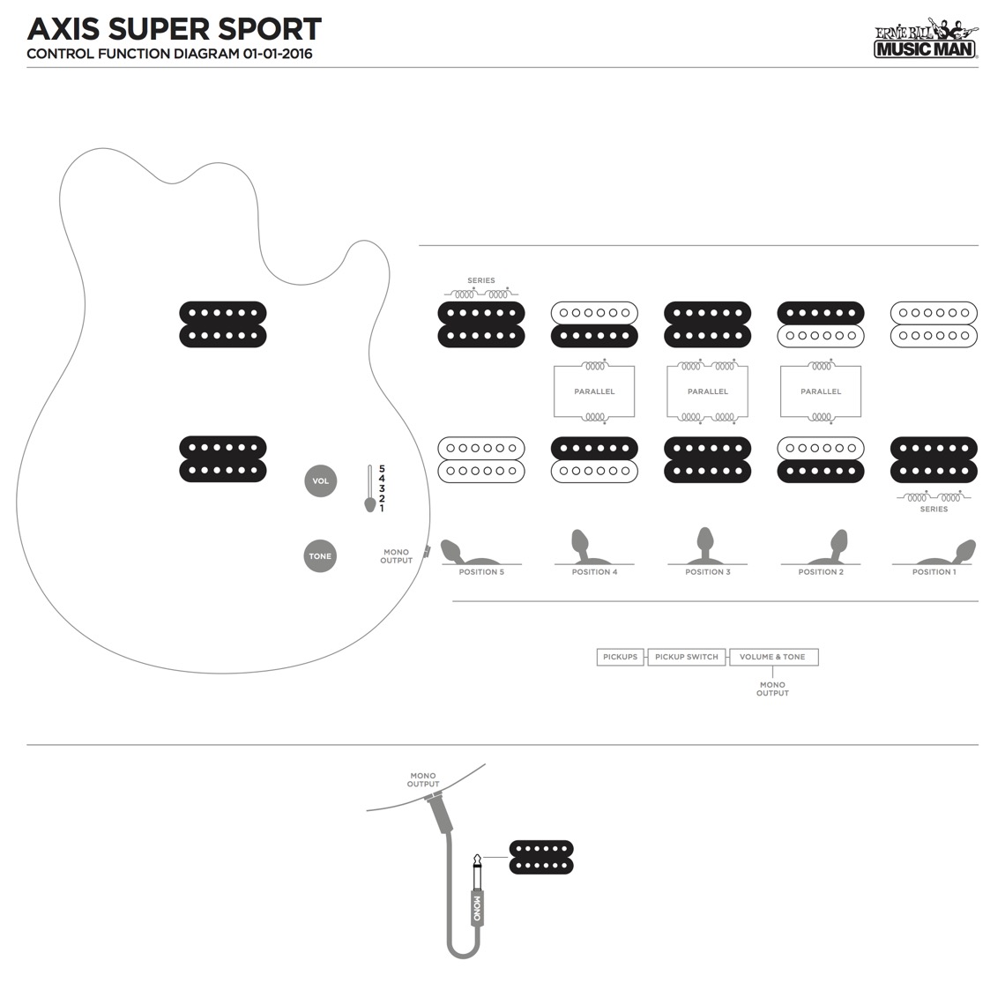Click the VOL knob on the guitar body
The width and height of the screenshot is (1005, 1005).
coord(320,480)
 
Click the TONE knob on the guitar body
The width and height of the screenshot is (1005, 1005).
coord(320,556)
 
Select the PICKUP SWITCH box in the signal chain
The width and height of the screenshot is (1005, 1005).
coord(687,657)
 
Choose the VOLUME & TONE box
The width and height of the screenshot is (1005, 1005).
coord(772,657)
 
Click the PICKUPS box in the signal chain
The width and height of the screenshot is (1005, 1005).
coord(620,657)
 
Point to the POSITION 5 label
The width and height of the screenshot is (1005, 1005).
coord(481,572)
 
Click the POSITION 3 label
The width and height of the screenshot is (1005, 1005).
coord(708,572)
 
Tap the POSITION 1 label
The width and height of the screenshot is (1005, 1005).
coord(934,572)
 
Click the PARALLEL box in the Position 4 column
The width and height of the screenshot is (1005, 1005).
coord(594,391)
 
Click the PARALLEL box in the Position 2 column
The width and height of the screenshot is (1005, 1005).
coord(821,391)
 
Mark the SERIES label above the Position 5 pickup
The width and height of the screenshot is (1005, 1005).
coord(481,280)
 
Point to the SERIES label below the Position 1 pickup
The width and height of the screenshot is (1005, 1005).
coord(934,509)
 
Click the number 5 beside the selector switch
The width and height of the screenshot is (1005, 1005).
coord(382,468)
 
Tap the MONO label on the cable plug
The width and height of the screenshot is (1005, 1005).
coord(477,907)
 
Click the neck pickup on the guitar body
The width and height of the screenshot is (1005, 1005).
coord(223,324)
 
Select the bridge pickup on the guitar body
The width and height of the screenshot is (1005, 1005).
coord(223,458)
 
